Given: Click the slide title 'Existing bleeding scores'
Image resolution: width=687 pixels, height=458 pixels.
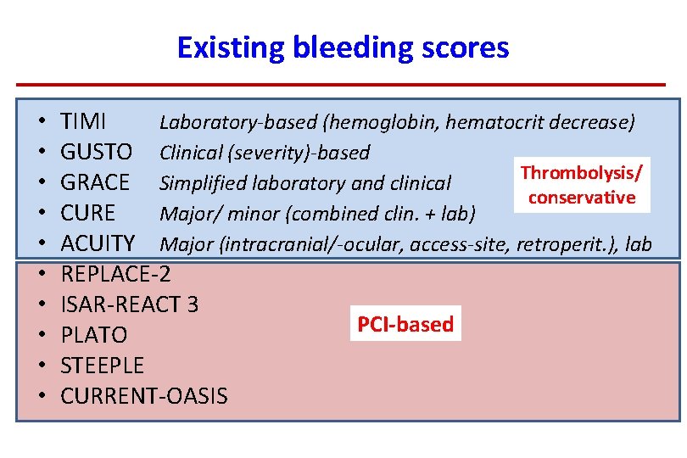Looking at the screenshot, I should click(343, 47).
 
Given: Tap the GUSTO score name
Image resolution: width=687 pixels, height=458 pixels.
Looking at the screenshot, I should click(97, 153).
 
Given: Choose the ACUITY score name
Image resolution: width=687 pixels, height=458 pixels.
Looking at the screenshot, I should click(98, 244).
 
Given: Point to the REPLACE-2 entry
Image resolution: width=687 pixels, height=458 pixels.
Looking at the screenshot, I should click(116, 274).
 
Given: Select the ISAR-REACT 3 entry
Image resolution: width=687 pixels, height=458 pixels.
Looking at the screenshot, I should click(130, 304).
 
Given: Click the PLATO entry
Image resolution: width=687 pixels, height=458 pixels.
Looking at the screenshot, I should click(94, 335).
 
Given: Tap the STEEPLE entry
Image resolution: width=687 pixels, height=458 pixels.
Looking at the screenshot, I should click(103, 366).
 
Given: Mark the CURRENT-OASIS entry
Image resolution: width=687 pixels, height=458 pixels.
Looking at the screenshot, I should click(144, 396).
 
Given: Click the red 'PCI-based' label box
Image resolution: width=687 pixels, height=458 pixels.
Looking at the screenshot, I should click(405, 324).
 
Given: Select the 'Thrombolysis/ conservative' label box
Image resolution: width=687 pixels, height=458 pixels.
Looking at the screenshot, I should click(581, 186).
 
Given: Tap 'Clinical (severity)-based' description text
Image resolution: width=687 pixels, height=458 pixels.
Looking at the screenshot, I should click(265, 154).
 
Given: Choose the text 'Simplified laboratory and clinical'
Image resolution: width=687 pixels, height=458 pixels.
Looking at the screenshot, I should click(305, 184).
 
